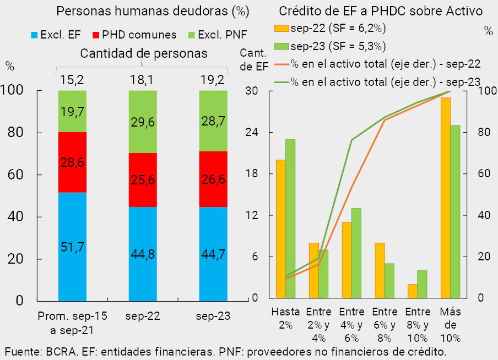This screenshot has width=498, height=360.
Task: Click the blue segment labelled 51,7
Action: [x=72, y=247]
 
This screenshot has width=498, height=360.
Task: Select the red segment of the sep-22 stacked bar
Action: [x=143, y=179]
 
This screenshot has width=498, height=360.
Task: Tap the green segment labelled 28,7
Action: [x=213, y=121]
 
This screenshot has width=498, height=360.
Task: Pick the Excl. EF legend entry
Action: [x=55, y=35]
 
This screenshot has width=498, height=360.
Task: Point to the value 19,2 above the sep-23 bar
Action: [x=213, y=80]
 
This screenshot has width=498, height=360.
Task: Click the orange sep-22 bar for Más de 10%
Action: [x=446, y=198]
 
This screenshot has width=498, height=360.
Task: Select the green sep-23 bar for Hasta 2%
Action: [x=290, y=219]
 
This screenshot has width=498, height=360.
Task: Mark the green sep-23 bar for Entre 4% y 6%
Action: [x=356, y=253]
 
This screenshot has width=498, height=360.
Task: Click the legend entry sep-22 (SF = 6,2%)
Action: [x=330, y=28]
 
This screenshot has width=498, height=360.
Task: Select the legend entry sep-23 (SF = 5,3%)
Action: [x=330, y=46]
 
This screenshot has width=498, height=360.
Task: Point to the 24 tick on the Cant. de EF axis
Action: [x=256, y=133]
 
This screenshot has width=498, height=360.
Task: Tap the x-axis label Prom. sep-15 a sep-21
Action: [x=72, y=323]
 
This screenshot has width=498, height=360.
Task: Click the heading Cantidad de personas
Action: [x=143, y=53]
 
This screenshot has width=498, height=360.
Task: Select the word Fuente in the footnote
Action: [x=21, y=351]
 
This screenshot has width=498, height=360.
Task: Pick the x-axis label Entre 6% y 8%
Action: [x=384, y=323]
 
